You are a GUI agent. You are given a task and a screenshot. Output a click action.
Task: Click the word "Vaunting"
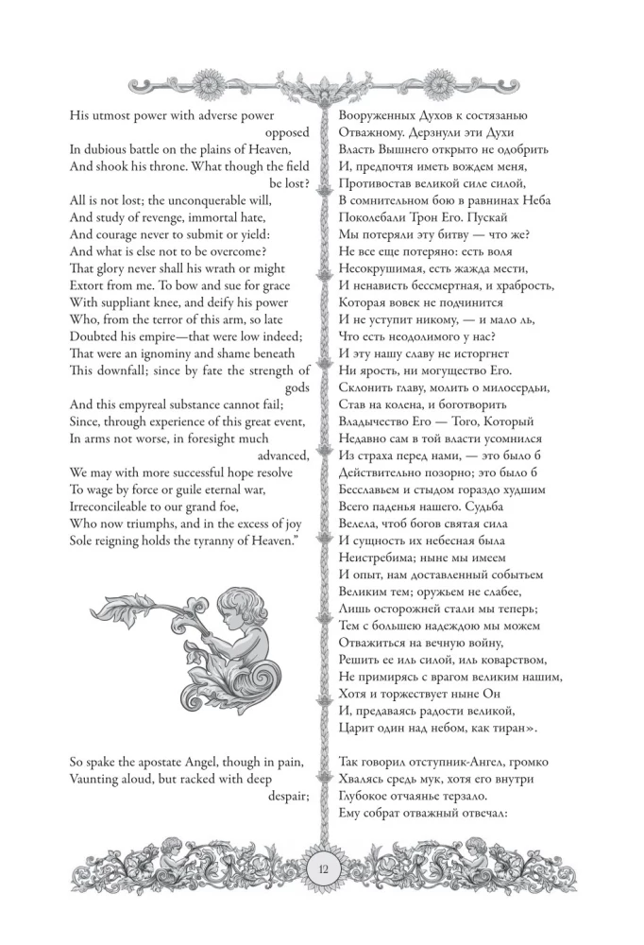click(97, 780)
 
